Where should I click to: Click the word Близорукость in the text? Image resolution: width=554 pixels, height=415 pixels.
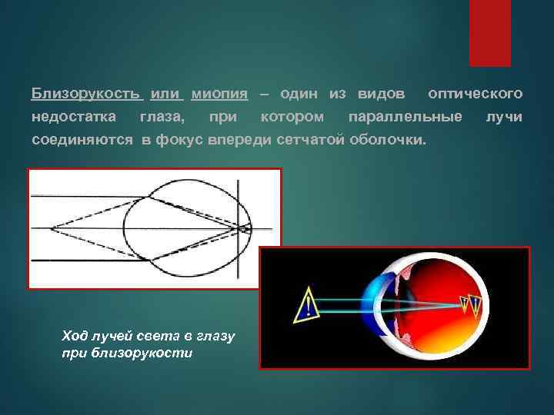[x=86, y=94]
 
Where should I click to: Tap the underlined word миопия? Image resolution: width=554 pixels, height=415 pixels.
[x=219, y=94]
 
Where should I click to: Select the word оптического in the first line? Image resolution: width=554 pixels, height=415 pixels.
[x=476, y=94]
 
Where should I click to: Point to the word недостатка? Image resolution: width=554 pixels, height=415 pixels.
[x=74, y=118]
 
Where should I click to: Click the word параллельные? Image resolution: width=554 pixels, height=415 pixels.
[x=405, y=118]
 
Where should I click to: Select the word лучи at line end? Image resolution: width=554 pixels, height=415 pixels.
[x=505, y=118]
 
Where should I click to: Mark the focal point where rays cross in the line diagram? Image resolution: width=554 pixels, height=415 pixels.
[x=247, y=228]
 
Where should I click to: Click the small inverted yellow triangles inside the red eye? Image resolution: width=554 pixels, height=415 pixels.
[x=472, y=308]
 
